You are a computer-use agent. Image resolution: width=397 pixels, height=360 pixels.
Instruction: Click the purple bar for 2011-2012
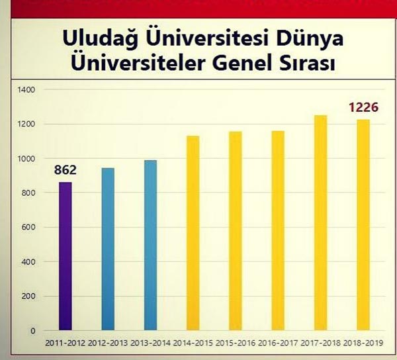[66, 256]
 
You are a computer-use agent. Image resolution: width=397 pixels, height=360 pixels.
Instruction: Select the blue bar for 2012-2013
[108, 249]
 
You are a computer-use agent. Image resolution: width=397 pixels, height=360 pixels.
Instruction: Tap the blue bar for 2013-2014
[150, 245]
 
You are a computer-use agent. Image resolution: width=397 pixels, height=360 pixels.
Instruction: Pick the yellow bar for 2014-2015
[193, 233]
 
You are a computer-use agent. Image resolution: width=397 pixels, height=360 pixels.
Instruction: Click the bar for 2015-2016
[236, 231]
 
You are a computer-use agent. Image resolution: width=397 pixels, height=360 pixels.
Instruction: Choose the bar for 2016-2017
[278, 230]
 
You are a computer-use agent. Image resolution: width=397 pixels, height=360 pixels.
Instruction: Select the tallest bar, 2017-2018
[320, 223]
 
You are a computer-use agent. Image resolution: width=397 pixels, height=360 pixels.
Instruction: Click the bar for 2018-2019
[363, 225]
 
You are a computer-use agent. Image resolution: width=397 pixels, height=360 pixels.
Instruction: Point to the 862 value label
[66, 170]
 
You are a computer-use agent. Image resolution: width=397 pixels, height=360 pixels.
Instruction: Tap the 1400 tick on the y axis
[26, 90]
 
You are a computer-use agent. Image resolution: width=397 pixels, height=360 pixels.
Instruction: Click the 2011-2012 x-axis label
[65, 343]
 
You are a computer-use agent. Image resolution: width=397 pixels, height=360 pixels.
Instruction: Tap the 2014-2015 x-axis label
[193, 343]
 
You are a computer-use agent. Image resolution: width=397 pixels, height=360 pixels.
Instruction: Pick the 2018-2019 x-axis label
[363, 343]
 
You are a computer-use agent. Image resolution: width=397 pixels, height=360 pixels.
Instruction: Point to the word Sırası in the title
[305, 66]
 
